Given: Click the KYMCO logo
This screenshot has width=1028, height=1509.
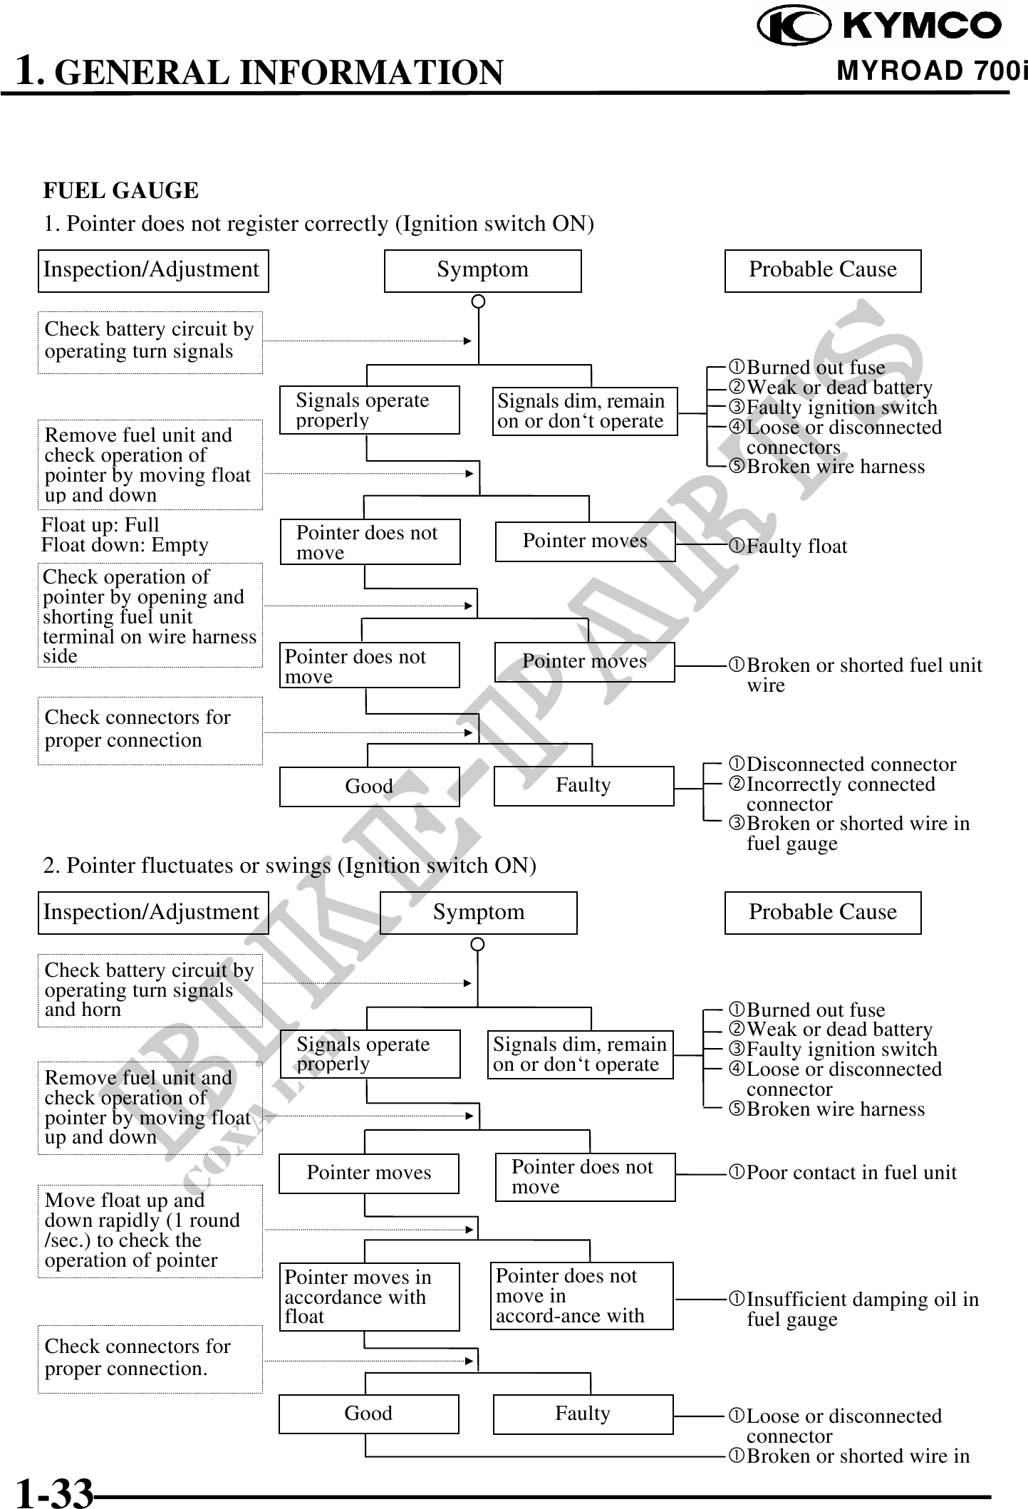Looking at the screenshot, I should tap(879, 26).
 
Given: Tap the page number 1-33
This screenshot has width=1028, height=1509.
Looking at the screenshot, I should tap(55, 1492).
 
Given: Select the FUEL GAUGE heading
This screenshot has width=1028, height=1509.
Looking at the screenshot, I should tap(121, 190).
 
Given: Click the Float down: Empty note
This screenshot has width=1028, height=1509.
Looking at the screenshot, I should tap(125, 545).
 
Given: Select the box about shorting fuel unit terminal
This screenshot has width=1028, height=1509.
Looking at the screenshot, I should tap(150, 616).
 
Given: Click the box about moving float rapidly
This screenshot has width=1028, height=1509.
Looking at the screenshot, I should tap(150, 1230).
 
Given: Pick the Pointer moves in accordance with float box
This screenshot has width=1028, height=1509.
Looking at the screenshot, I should tap(369, 1297).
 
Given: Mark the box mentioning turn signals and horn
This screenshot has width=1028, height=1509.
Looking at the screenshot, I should tap(150, 990).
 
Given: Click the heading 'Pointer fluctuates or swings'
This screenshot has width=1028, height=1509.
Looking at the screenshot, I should tap(289, 866).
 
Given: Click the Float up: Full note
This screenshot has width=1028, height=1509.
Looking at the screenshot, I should tap(100, 525).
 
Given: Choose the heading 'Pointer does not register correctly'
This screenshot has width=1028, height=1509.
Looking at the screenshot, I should tap(318, 224).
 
